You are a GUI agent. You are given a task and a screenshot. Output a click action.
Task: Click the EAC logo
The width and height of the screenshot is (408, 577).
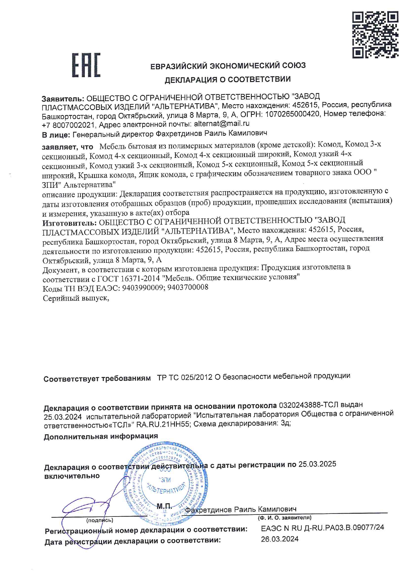coord(86,65)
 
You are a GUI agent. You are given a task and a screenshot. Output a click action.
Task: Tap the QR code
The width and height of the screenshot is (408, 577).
coord(375,35)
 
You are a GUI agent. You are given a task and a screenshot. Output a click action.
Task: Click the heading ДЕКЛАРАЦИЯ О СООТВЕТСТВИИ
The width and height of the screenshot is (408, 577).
coord(228,79)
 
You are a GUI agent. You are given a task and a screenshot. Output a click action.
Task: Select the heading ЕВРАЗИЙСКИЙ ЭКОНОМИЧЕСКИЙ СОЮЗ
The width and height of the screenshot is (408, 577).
coord(228,66)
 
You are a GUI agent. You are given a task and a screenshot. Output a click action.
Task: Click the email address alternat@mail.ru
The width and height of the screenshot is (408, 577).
coord(221,124)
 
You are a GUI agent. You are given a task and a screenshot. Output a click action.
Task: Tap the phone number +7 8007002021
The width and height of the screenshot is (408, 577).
coord(68,125)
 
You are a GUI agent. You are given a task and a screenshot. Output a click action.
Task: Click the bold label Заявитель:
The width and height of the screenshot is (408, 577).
coord(63,98)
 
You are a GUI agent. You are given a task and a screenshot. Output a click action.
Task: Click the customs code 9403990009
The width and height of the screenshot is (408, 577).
coord(143,288)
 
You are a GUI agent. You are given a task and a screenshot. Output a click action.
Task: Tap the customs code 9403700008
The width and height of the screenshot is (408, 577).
coord(188,288)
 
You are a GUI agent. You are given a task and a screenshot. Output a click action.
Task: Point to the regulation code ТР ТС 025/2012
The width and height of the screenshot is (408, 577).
coord(185,377)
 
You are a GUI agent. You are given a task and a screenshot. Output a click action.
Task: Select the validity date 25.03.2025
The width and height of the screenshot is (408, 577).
coord(317,464)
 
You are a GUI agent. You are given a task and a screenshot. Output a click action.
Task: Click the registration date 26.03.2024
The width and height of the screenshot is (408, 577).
coord(280,539)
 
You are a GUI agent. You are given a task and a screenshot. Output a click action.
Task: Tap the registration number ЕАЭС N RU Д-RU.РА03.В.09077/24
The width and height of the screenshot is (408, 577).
coord(322,528)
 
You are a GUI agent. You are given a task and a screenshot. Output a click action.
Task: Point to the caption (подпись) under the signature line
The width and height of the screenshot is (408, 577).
coord(100,520)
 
